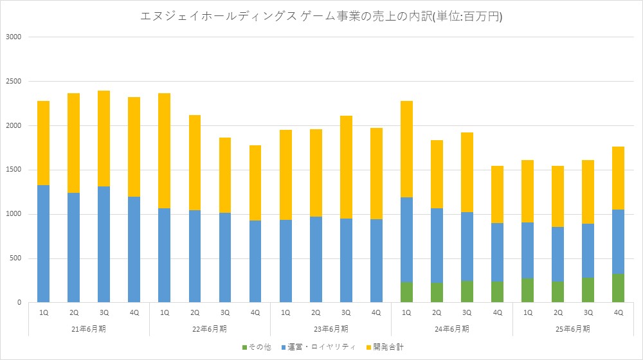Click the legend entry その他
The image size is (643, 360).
(257, 347)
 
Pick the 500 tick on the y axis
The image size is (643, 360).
(15, 258)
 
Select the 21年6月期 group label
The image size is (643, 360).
(89, 328)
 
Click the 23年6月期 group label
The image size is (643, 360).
(331, 328)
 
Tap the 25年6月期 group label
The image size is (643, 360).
(572, 328)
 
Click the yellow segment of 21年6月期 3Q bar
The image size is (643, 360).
(104, 138)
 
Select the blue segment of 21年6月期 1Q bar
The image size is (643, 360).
(43, 244)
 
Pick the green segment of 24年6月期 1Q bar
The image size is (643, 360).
(406, 292)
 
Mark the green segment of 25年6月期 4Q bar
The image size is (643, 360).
(619, 288)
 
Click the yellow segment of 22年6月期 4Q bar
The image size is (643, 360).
(255, 183)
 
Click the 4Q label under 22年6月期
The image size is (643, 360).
(255, 312)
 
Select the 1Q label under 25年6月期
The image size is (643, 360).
(527, 312)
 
